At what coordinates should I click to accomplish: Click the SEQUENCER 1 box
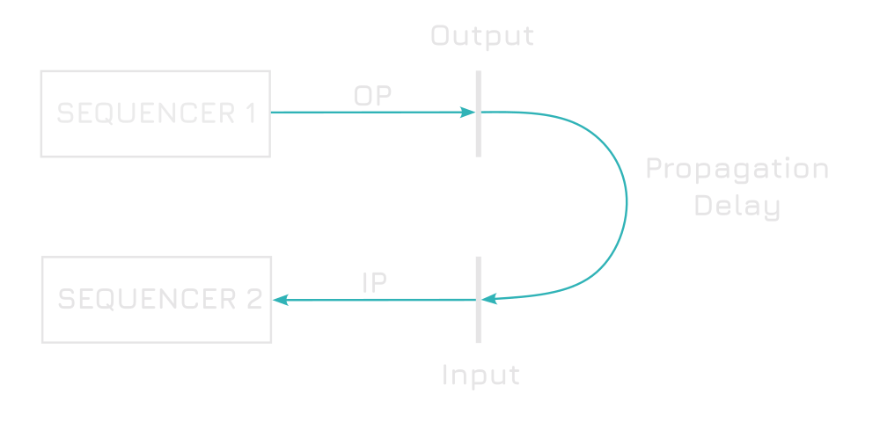coord(155,113)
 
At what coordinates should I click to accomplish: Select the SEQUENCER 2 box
coord(157,300)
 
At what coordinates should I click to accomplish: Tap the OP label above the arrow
coord(372,96)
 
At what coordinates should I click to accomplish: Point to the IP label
coord(375,282)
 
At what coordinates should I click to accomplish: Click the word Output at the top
coord(481,36)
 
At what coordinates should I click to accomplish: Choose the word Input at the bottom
coord(480,375)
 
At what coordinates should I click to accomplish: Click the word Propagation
coord(737,169)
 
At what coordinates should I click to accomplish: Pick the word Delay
coord(737,207)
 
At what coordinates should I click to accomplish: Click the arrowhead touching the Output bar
coord(467,113)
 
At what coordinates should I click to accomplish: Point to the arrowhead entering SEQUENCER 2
coord(281,300)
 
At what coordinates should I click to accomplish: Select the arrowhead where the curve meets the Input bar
coord(489,299)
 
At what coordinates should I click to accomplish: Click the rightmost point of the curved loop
coord(627,204)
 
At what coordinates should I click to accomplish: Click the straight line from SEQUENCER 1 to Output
coord(370,113)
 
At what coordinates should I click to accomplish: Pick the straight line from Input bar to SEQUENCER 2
coord(378,300)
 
